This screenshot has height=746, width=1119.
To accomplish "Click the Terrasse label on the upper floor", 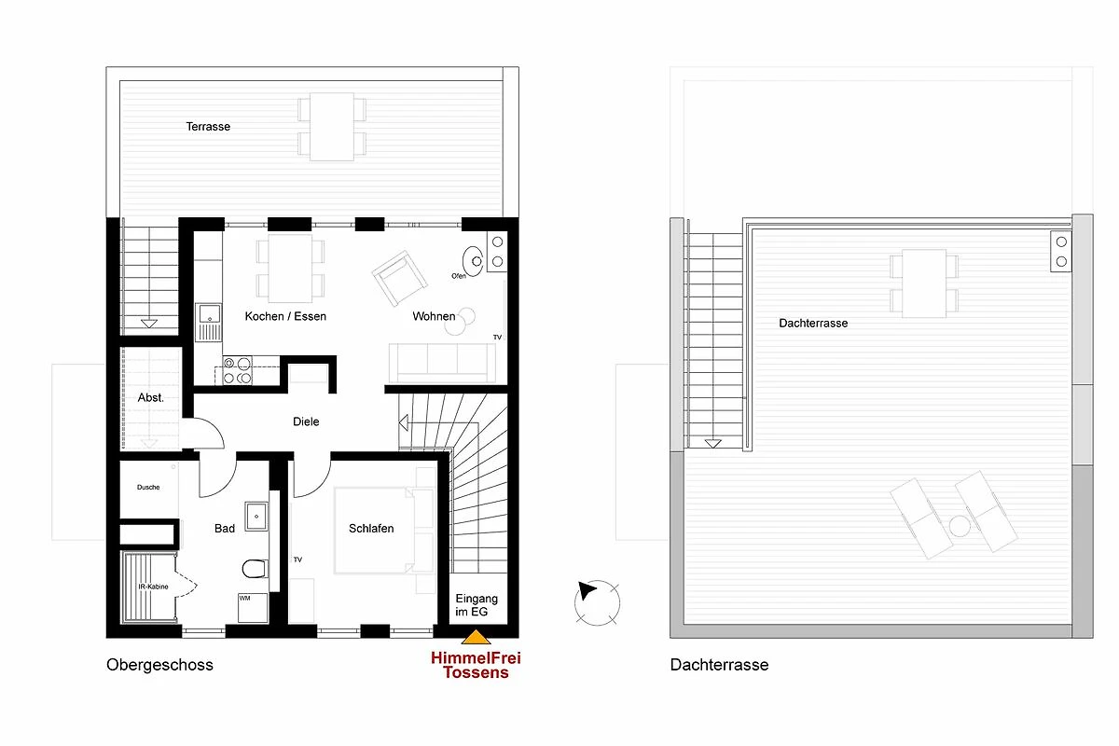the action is tap(208, 127).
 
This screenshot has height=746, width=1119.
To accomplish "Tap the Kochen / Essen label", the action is tap(285, 316).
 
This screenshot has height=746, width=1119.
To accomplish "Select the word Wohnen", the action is tap(434, 316).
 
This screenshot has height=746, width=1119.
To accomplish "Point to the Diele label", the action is tap(306, 421).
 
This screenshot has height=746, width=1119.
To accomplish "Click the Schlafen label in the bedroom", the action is tap(371, 528).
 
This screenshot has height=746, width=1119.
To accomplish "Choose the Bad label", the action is tap(225, 528).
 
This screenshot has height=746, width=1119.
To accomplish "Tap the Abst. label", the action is tap(150, 398).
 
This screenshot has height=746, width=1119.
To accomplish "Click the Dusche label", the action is tap(148, 487).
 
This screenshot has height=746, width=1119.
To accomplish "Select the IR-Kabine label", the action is tap(153, 587).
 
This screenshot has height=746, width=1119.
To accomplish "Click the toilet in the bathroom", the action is tap(255, 569).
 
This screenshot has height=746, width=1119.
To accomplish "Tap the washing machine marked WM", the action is tap(253, 608).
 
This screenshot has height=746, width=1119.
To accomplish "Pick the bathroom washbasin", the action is tap(256, 517).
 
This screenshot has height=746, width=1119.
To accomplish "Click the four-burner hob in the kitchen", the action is tap(237, 370).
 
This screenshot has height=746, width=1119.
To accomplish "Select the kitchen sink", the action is tap(208, 323).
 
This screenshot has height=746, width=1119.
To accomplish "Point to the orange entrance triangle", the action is tap(477, 637).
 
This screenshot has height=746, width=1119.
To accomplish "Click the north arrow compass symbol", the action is tap(597, 602).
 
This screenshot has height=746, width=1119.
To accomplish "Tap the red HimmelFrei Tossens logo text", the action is tap(476, 665).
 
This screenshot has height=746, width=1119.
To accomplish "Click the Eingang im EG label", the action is tap(477, 605).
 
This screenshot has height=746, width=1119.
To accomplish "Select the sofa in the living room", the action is tap(442, 363).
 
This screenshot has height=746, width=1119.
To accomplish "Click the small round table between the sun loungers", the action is tap(960, 526).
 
